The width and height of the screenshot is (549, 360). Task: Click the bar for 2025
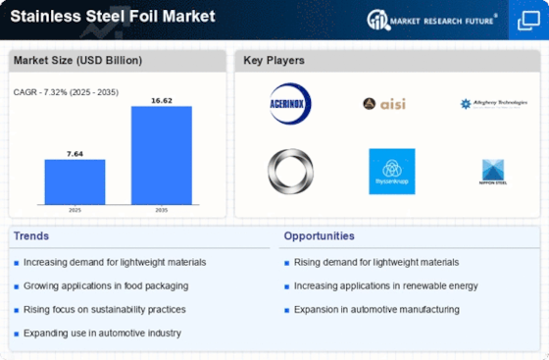(75, 180)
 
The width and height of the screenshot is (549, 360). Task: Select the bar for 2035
(163, 154)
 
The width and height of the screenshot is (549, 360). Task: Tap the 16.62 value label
(163, 99)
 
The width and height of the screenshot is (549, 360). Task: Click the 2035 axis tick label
(163, 210)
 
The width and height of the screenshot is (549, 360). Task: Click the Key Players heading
(275, 61)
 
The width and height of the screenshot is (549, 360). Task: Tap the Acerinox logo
(290, 102)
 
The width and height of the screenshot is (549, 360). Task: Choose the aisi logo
(383, 103)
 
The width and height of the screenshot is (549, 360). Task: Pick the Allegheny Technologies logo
(492, 103)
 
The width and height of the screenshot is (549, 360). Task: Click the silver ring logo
(290, 171)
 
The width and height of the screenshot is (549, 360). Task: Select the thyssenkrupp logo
(391, 171)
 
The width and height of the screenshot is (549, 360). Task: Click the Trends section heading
(32, 236)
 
